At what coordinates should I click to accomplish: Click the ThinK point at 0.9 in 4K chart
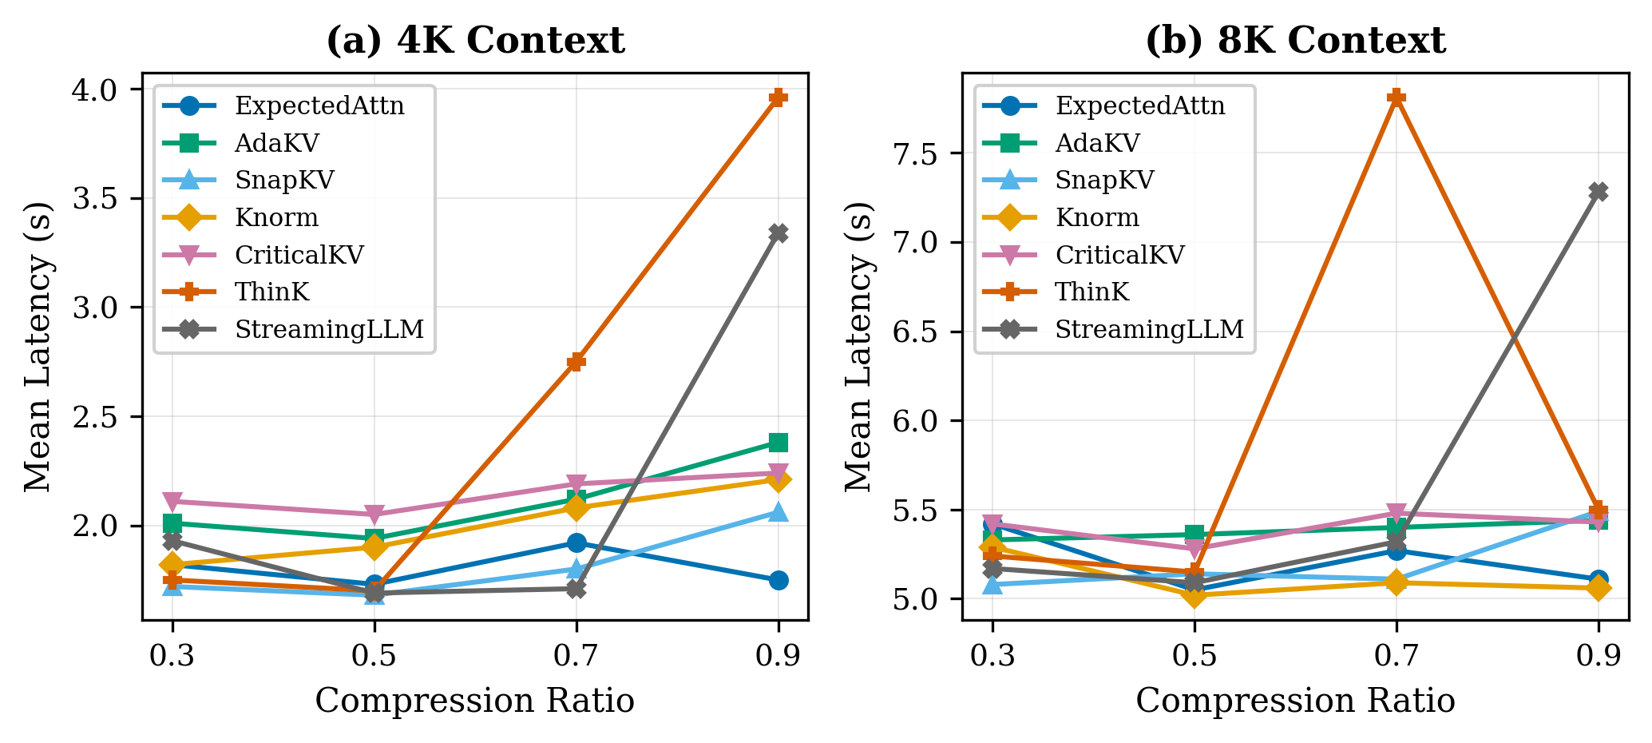point(778,97)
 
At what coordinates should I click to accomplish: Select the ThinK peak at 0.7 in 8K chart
point(1396,97)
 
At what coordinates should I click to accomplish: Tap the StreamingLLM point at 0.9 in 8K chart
point(1598,192)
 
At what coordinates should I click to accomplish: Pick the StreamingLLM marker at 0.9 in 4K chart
point(778,233)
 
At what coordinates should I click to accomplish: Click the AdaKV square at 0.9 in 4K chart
point(778,443)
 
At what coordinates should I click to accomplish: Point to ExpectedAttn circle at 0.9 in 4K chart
point(778,580)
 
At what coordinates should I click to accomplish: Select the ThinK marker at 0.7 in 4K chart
point(576,362)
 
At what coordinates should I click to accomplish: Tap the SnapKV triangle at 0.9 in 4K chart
point(778,512)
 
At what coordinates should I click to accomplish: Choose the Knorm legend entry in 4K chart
point(276,217)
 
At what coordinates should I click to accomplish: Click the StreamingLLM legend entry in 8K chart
point(1149,329)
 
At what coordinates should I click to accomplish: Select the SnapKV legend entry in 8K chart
point(1104,180)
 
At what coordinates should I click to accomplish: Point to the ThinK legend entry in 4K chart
point(271,292)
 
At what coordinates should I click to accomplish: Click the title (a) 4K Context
point(476,41)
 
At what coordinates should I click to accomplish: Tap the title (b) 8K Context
point(1295,41)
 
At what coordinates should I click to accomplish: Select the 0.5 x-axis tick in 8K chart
point(1194,657)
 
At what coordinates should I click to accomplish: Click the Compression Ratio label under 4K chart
point(475,701)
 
